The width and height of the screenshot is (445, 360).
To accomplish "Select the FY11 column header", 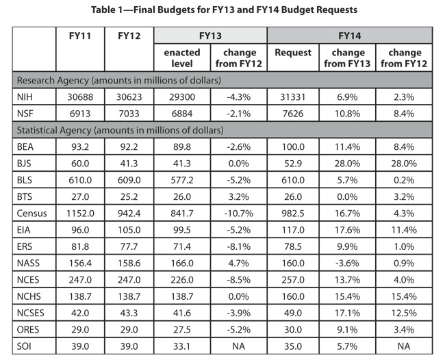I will tap(80, 35).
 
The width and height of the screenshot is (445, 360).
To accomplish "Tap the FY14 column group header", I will tap(348, 35).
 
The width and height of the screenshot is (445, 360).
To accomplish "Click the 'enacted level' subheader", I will tap(181, 57).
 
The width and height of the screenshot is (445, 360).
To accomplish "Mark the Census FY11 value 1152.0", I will tap(81, 214).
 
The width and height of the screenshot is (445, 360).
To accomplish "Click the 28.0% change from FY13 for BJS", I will tap(349, 163).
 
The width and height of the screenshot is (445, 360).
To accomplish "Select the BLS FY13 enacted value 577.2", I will tap(181, 180).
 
